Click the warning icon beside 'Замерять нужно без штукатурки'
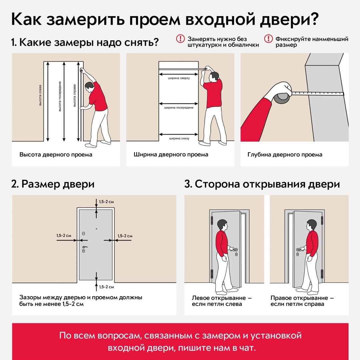click(x=180, y=39)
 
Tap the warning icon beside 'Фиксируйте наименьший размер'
click(x=268, y=39)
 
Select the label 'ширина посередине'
click(x=179, y=108)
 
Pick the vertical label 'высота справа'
click(x=75, y=95)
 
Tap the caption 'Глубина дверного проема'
click(x=285, y=155)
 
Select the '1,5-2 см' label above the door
click(x=107, y=202)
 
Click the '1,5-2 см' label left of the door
click(x=64, y=236)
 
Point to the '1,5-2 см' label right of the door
click(x=125, y=236)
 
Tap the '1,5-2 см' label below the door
click(x=107, y=287)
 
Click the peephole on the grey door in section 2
click(x=96, y=229)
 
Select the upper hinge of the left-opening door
click(x=212, y=220)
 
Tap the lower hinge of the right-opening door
click(x=322, y=273)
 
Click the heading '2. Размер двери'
click(x=53, y=184)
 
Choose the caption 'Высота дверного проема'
click(x=56, y=155)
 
